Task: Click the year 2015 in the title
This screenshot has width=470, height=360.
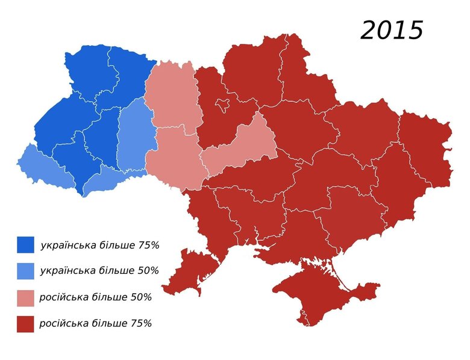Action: (x=392, y=30)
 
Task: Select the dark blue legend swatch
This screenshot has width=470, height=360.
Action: (x=25, y=245)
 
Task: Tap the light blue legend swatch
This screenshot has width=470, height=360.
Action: (x=25, y=271)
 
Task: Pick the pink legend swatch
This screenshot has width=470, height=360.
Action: (x=25, y=297)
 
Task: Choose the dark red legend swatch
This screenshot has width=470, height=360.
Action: (x=25, y=324)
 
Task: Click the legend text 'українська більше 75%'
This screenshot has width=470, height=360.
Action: (x=99, y=246)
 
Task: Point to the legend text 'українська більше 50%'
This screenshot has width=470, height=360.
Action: (x=99, y=271)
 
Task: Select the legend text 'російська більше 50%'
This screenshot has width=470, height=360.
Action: (x=95, y=297)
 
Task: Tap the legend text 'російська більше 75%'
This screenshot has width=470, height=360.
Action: (x=95, y=324)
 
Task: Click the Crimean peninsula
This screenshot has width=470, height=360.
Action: (x=313, y=295)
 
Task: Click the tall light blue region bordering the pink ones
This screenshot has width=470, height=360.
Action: (x=132, y=138)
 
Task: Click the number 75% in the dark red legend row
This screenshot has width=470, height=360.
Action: (x=141, y=324)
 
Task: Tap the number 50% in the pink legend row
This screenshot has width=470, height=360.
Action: (x=141, y=297)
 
